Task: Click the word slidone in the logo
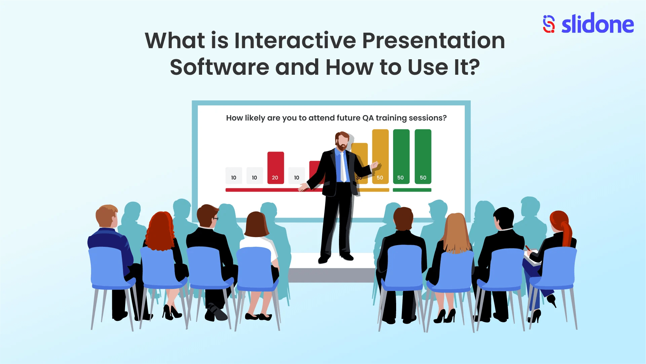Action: (x=598, y=24)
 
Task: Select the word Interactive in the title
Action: (x=295, y=41)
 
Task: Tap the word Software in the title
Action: (x=219, y=67)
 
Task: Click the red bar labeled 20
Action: (x=275, y=167)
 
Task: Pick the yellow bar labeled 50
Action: (x=380, y=157)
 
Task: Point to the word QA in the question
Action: (x=368, y=118)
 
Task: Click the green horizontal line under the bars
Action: (x=412, y=190)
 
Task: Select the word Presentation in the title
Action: (x=433, y=41)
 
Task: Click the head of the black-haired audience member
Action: (x=503, y=218)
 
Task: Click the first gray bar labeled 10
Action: (x=234, y=175)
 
